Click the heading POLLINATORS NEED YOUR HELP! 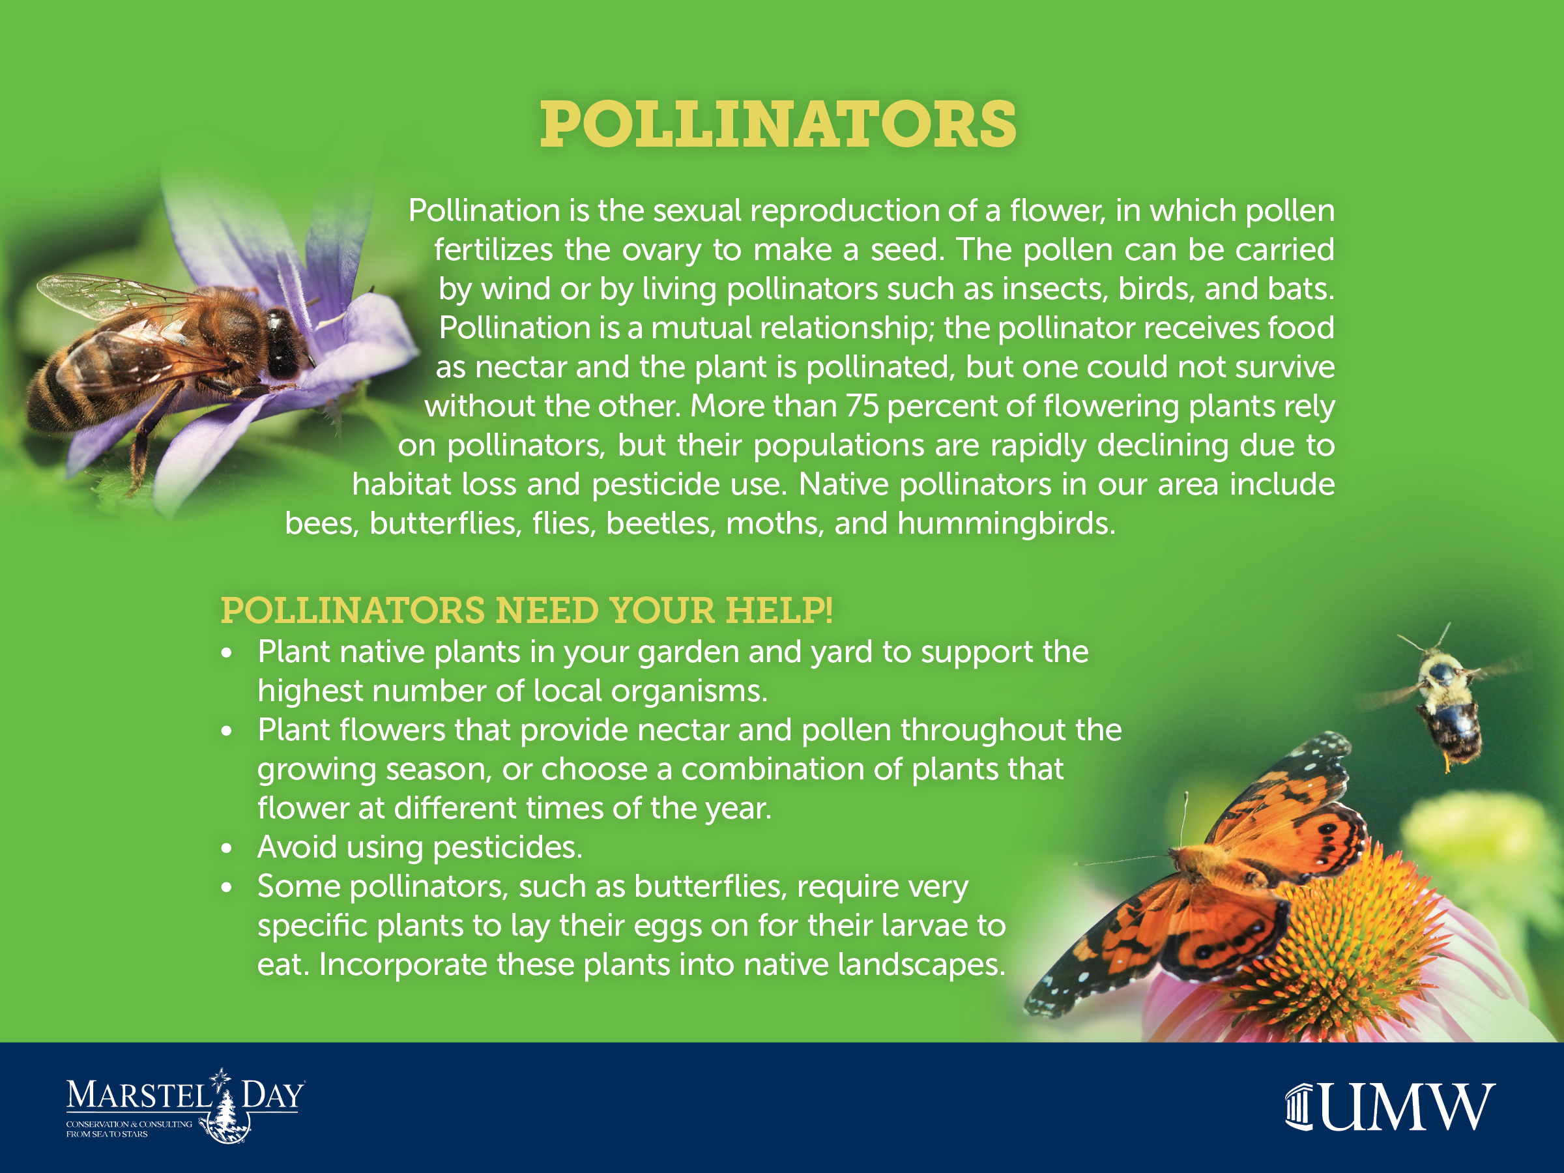tap(527, 610)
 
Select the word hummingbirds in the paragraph tap(1006, 523)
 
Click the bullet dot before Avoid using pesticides tap(226, 848)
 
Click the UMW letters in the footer tap(1406, 1107)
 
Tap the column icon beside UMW tap(1299, 1107)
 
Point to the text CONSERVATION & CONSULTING tap(128, 1124)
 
